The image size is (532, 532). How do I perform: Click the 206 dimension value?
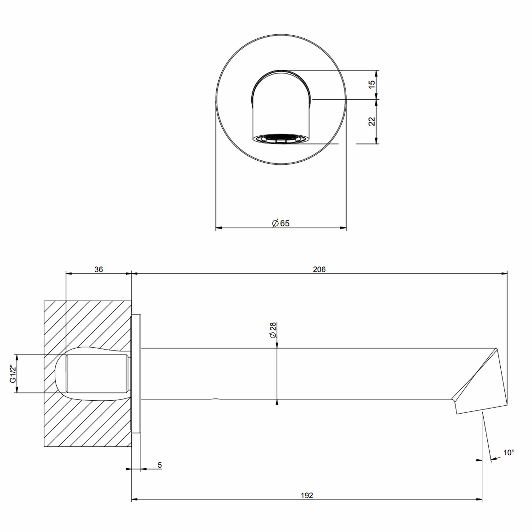(319, 269)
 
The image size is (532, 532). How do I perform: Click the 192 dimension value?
(307, 503)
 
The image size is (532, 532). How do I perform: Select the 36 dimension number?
(99, 269)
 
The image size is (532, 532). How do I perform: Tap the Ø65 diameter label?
(281, 223)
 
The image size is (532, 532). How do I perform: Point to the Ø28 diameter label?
(273, 330)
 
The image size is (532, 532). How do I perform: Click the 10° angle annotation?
(509, 452)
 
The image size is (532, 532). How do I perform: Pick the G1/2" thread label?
(13, 374)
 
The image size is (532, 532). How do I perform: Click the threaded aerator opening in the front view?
(281, 139)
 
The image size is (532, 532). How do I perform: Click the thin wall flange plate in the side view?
(136, 374)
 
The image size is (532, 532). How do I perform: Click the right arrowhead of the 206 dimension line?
(504, 273)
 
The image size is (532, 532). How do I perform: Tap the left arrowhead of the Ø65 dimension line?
(219, 228)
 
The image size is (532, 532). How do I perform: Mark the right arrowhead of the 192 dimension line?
(479, 507)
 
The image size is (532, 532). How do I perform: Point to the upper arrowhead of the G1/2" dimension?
(17, 358)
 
